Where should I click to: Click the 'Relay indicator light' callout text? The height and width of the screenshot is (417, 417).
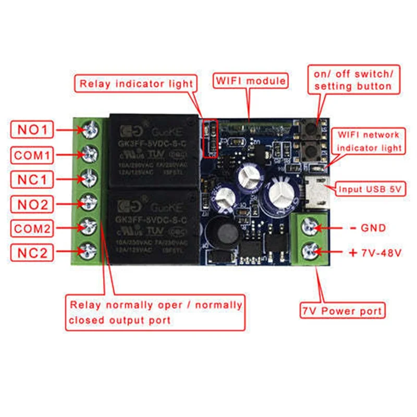(x=136, y=83)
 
